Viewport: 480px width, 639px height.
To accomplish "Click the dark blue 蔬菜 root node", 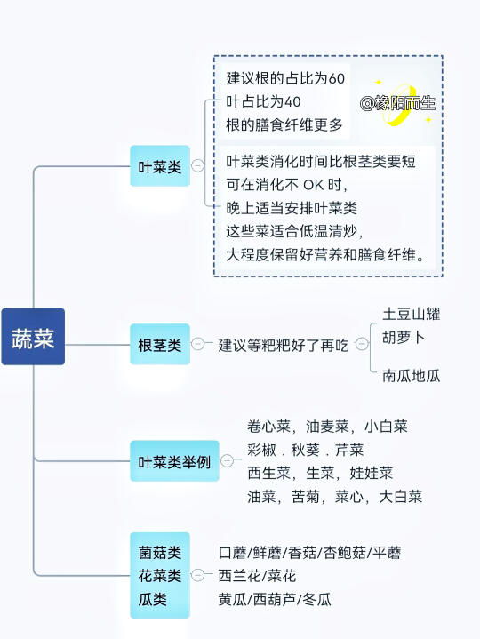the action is tap(33, 337).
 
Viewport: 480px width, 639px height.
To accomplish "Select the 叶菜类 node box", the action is tap(160, 166).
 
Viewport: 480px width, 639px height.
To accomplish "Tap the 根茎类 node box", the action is tap(160, 344).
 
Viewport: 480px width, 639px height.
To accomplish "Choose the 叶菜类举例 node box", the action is tap(175, 461).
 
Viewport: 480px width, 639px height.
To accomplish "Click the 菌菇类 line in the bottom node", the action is tap(160, 553).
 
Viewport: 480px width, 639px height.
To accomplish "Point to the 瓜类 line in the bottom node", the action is tap(152, 599).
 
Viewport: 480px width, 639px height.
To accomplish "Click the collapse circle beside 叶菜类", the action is tap(197, 165).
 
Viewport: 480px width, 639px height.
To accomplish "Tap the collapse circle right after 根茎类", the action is tap(197, 344).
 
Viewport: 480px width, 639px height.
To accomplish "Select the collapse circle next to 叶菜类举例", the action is tap(227, 460).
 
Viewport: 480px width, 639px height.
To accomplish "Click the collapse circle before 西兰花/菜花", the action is tap(197, 575).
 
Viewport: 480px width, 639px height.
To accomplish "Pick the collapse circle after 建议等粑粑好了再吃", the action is tap(362, 344).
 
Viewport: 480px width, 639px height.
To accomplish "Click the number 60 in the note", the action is tap(337, 78).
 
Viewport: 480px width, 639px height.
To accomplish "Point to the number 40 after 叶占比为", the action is tap(292, 101).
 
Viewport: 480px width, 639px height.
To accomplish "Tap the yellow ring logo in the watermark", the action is tap(398, 104).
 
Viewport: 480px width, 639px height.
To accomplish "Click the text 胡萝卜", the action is tap(404, 337).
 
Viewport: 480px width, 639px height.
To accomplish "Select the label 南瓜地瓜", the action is tap(412, 375).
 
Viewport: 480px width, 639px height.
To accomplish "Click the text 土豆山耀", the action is tap(412, 315).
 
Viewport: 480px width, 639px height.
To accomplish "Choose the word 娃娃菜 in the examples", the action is tap(372, 473).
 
